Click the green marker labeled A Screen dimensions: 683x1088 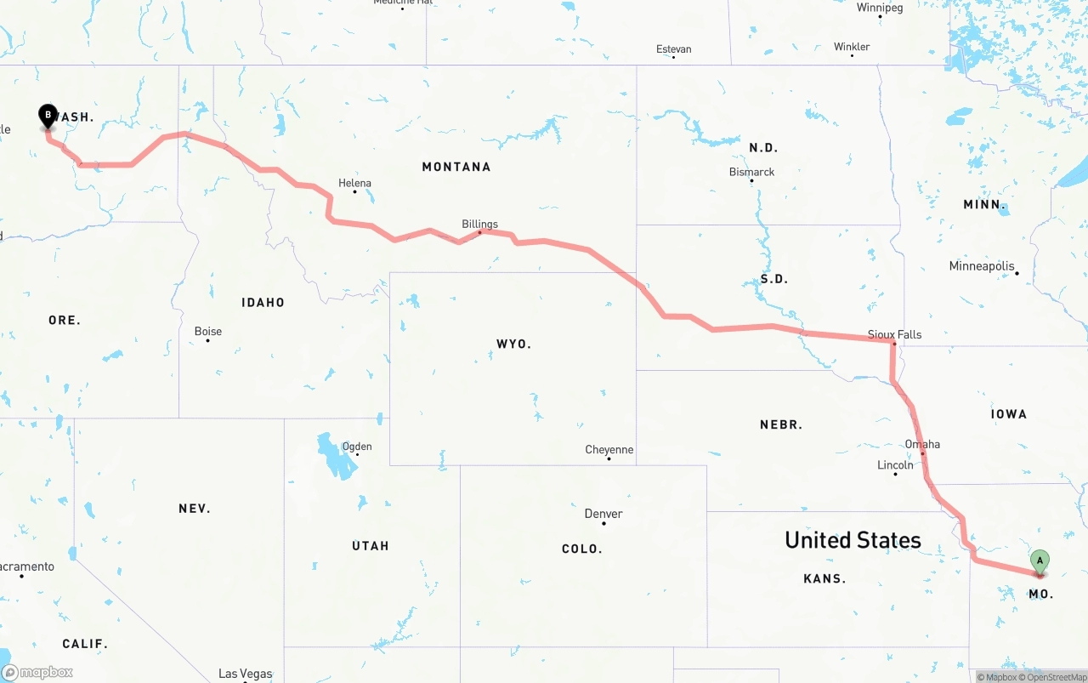point(1040,562)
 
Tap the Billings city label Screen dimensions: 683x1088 point(479,225)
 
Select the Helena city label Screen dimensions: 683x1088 point(354,183)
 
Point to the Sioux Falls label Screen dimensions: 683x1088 point(894,334)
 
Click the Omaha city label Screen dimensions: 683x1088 point(922,444)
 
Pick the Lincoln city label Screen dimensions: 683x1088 point(895,465)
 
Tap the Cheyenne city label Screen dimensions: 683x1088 point(609,450)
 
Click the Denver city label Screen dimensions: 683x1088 point(603,514)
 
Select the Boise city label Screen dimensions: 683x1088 point(208,332)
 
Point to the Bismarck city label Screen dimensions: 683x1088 point(751,172)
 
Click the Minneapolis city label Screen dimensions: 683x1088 point(982,266)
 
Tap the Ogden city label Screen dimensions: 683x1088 point(357,447)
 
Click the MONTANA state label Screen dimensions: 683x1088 point(456,167)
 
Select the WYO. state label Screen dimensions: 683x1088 point(513,344)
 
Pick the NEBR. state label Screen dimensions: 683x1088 point(781,424)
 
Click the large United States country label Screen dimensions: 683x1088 point(853,540)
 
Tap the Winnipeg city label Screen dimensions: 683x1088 point(880,8)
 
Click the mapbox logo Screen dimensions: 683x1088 point(37,672)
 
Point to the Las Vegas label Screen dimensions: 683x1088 point(245,674)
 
